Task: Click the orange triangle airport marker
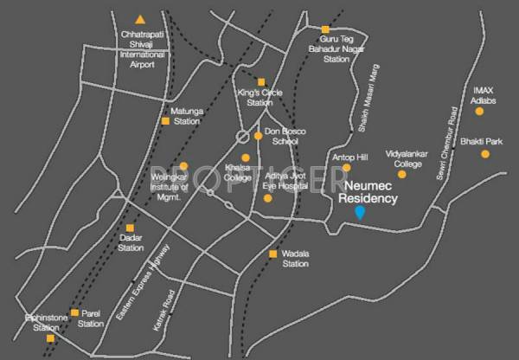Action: pos(140,20)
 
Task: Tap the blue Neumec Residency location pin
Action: pos(361,214)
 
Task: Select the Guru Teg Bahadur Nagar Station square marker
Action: pos(325,29)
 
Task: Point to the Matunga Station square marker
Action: pos(165,121)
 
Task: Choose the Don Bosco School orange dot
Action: pos(258,136)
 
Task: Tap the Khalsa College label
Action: pos(237,173)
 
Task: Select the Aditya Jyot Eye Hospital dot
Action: pos(267,198)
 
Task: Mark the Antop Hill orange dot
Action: pos(347,167)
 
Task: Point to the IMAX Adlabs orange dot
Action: pos(484,114)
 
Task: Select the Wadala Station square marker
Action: pos(273,254)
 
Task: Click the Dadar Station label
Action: pos(131,243)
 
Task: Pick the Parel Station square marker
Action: pos(74,312)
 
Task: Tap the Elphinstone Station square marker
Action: pos(49,338)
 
